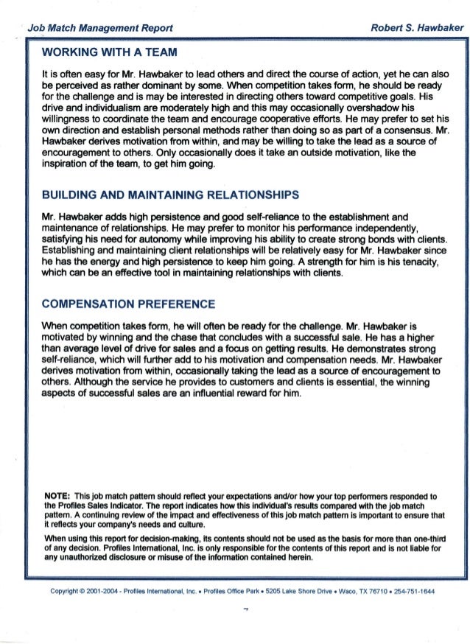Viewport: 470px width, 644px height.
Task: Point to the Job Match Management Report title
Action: pyautogui.click(x=100, y=28)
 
